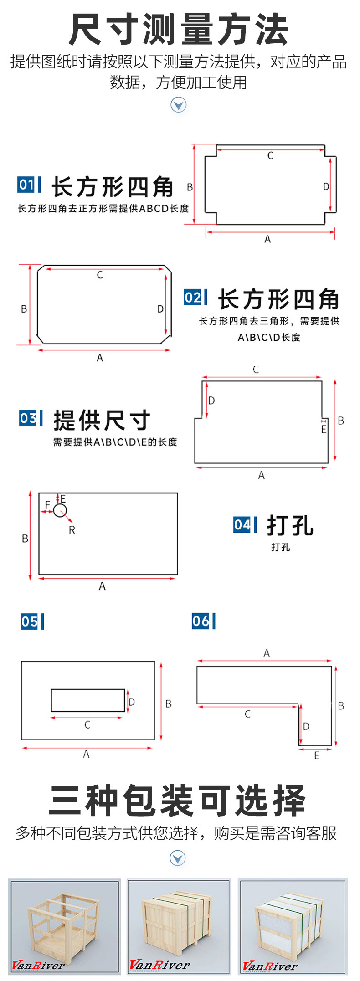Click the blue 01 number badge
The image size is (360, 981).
pos(26,185)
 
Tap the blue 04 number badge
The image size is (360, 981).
pos(242,524)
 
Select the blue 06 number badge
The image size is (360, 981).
pos(201,621)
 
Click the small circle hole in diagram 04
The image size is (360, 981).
pos(60,510)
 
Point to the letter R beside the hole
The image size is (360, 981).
pos(72,530)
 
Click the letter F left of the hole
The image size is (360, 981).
pos(47,505)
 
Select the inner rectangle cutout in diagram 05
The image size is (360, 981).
pos(87,700)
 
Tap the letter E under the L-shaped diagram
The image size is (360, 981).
pos(317,756)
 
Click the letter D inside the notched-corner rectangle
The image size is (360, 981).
pos(326,186)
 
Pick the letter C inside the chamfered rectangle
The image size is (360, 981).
pos(100,275)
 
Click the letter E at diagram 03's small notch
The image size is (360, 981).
pos(324,429)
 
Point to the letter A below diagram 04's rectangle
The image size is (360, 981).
pos(102,586)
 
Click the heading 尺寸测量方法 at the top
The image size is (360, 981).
pos(179,30)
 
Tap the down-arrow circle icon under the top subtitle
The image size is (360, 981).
pos(178,105)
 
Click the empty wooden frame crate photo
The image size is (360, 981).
pos(64,926)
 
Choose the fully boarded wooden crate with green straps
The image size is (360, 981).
pos(179,926)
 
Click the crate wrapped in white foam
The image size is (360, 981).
pos(292,926)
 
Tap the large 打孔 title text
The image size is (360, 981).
pos(290,525)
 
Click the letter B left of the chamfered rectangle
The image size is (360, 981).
pos(24,309)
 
